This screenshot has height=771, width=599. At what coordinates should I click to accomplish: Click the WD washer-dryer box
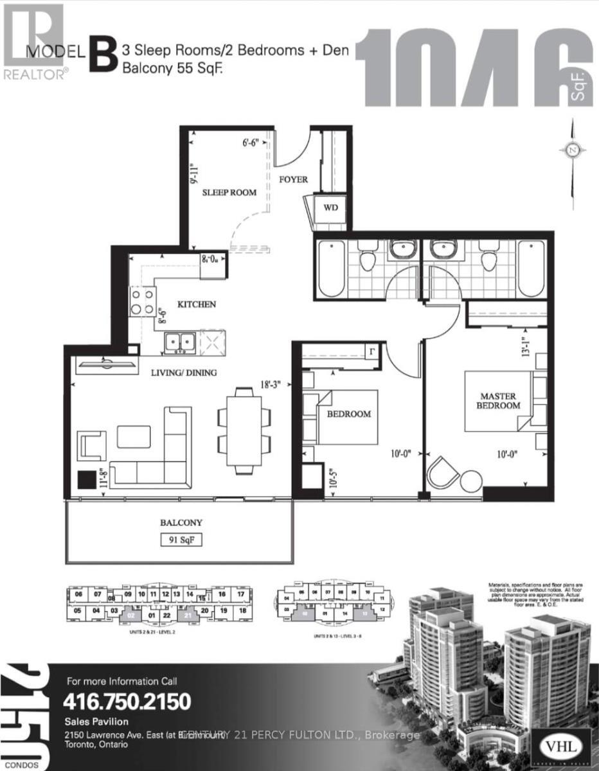click(x=330, y=208)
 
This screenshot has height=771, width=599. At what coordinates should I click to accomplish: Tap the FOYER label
click(x=294, y=179)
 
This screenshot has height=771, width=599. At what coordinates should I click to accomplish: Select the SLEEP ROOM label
click(x=229, y=192)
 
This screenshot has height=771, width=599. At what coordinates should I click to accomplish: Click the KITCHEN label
click(x=197, y=304)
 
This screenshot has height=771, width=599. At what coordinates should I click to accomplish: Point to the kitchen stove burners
click(x=143, y=301)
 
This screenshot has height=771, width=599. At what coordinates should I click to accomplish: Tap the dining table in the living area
click(x=240, y=430)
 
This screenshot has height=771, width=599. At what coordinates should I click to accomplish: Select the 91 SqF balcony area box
click(x=181, y=540)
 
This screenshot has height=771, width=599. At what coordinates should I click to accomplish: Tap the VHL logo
click(x=557, y=749)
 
